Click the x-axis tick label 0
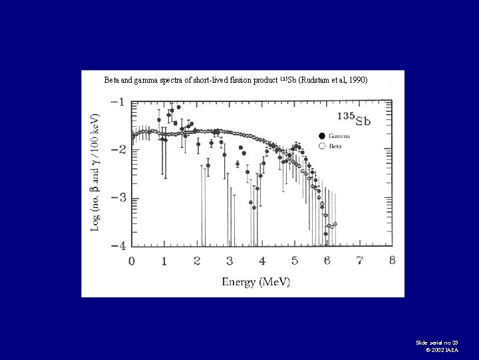point(132,261)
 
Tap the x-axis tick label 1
point(164,261)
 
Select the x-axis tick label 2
point(197,261)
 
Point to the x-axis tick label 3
point(230,261)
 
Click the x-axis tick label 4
point(262,261)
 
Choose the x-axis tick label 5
point(295,261)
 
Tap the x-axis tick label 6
point(327,261)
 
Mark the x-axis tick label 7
point(360,261)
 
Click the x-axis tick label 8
point(393,261)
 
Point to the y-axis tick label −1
point(116,102)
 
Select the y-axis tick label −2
point(116,150)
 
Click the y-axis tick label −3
point(116,199)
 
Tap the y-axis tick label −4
point(116,246)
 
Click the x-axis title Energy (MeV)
point(256,281)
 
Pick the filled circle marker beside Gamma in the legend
point(323,136)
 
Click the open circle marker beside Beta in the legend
point(323,145)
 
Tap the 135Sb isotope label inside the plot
point(354,120)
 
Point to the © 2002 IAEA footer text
point(441,350)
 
